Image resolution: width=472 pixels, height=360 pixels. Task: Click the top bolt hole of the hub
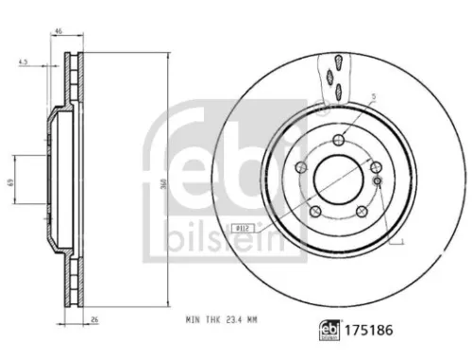(x=337, y=141)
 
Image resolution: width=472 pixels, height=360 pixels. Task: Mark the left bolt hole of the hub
(x=301, y=167)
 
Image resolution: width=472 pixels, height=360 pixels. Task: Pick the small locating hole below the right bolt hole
(x=376, y=180)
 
